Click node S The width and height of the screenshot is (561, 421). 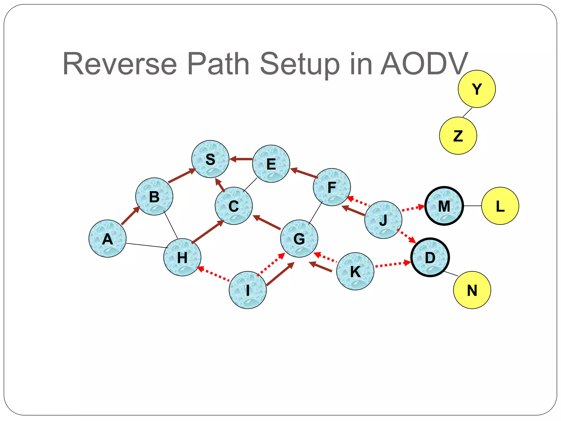click(210, 159)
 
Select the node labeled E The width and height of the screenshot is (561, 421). click(271, 164)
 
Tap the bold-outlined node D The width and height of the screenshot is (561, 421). click(430, 257)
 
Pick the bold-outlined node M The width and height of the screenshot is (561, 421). click(444, 206)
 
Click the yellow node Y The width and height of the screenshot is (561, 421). click(477, 89)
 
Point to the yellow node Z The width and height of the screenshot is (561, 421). click(458, 136)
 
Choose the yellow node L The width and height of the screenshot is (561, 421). click(500, 206)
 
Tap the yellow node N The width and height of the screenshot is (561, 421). click(472, 290)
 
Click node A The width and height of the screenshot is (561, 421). click(107, 238)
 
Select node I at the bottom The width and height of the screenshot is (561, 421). click(248, 290)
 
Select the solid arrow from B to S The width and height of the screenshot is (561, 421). click(182, 176)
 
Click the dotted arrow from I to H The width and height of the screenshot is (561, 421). click(214, 274)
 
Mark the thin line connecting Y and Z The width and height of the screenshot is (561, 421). click(467, 112)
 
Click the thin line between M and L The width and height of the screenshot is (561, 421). click(473, 206)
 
